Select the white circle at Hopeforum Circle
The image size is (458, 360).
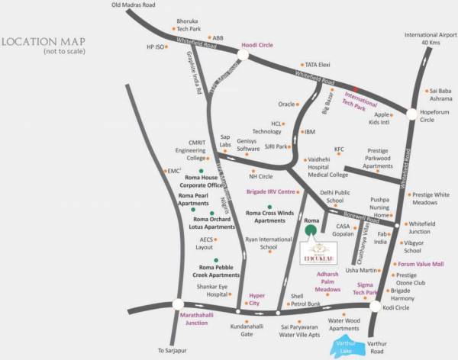tap(412, 114)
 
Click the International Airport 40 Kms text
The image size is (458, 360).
tap(430, 39)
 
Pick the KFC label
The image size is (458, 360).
tap(340, 149)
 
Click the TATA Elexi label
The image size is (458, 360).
tap(318, 66)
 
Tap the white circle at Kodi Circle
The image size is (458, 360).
tap(375, 306)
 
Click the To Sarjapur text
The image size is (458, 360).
tap(172, 351)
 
